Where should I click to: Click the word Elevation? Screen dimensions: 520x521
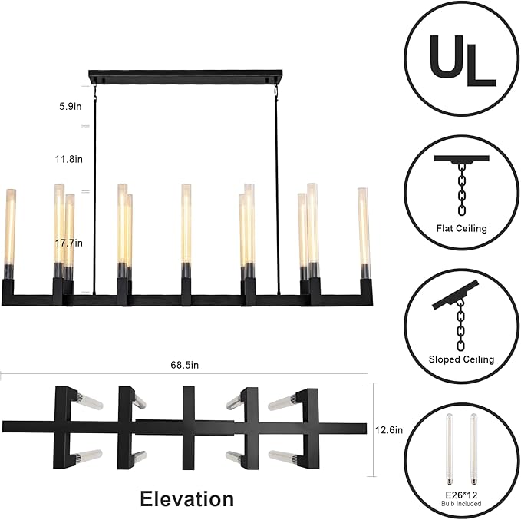(x=186, y=498)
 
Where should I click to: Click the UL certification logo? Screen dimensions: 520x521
(x=461, y=58)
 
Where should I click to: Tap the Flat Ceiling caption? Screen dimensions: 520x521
(x=462, y=228)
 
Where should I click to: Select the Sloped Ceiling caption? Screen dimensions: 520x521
(x=461, y=359)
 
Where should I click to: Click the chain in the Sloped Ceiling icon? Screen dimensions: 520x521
(x=461, y=323)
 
